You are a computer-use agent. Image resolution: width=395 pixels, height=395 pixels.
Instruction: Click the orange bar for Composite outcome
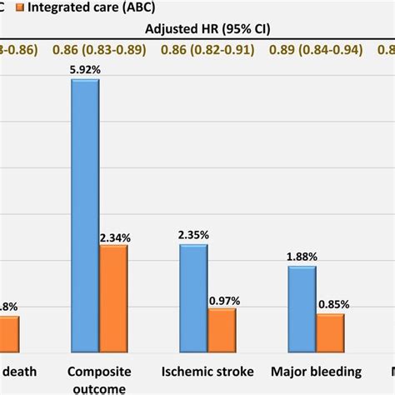pyautogui.click(x=114, y=296)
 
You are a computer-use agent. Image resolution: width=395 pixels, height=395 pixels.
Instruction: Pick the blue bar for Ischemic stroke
pyautogui.click(x=193, y=296)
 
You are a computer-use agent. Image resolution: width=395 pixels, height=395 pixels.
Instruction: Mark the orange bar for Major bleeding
pyautogui.click(x=331, y=331)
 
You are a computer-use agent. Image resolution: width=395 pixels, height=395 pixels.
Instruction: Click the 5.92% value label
pyautogui.click(x=85, y=71)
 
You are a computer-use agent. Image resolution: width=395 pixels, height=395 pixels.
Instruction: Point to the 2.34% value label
pyautogui.click(x=115, y=237)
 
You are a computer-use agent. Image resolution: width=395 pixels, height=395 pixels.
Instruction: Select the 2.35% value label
pyautogui.click(x=193, y=236)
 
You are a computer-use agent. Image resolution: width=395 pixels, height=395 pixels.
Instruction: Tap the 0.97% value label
pyautogui.click(x=222, y=300)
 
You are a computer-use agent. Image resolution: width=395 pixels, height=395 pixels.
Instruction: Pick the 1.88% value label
pyautogui.click(x=302, y=257)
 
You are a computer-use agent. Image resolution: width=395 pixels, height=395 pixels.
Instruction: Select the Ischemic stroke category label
pyautogui.click(x=207, y=372)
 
